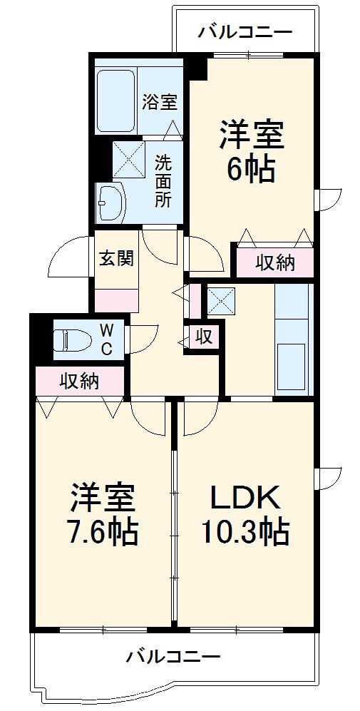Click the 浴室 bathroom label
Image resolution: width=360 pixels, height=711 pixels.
click(159, 102)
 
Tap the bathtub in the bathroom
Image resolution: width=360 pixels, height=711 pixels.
click(115, 101)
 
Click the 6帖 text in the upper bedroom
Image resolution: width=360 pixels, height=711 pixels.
click(252, 170)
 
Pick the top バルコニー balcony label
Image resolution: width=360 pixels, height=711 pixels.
click(245, 32)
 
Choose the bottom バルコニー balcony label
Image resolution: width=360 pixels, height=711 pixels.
click(174, 655)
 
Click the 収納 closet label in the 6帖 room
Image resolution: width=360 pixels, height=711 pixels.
click(275, 262)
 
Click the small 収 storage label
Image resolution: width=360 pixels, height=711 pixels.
click(205, 337)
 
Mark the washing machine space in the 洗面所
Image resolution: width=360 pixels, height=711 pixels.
click(128, 159)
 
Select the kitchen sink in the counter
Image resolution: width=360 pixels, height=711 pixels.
click(291, 366)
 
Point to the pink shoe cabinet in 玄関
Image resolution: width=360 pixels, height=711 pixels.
click(117, 301)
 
